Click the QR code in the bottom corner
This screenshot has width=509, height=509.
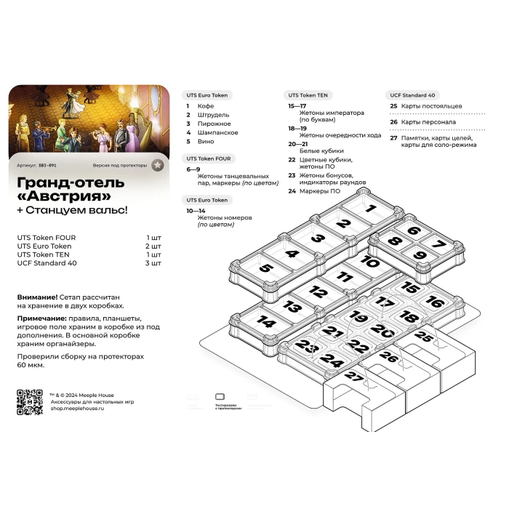pyautogui.click(x=30, y=402)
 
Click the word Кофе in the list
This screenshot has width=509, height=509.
pyautogui.click(x=206, y=106)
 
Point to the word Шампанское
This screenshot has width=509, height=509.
pyautogui.click(x=217, y=132)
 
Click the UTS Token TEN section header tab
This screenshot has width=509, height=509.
pyautogui.click(x=308, y=95)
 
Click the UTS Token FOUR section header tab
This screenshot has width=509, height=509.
pyautogui.click(x=209, y=158)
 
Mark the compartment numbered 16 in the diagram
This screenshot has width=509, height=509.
pyautogui.click(x=434, y=301)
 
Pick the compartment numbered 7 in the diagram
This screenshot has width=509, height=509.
pyautogui.click(x=437, y=244)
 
